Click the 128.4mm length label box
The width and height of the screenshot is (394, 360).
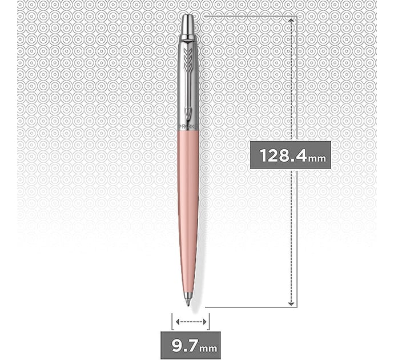[290, 155]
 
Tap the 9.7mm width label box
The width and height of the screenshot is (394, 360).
[191, 345]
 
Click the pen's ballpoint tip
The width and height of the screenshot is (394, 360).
[188, 303]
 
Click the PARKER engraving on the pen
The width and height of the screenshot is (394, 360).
[188, 126]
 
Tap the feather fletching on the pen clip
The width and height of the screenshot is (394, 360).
[187, 61]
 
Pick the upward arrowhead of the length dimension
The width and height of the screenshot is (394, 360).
[291, 20]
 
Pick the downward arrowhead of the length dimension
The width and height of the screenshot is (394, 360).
[291, 303]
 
